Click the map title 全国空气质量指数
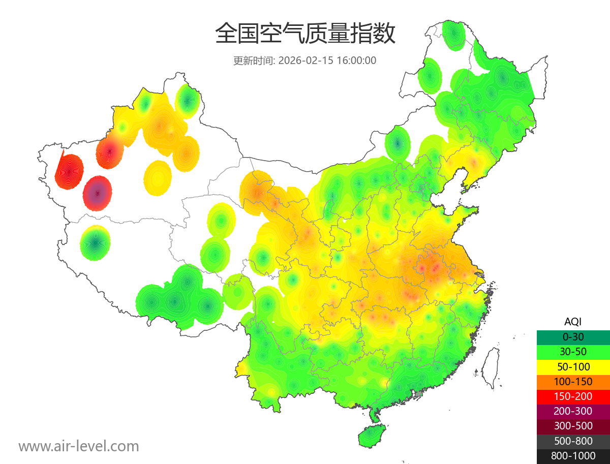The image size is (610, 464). coord(305,35)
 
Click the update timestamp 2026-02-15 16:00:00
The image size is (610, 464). coord(327,60)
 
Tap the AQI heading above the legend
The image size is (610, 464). coord(573,322)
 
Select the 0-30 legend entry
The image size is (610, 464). coord(573,337)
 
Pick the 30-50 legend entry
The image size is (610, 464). coord(573,352)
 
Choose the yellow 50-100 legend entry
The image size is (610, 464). coord(573,366)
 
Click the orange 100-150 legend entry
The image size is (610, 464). coord(573,382)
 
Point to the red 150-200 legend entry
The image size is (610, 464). coord(573,396)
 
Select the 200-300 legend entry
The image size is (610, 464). coord(573,411)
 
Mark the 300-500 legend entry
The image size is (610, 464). coord(573,426)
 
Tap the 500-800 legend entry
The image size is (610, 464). coord(573,441)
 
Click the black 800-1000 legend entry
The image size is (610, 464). coord(573,456)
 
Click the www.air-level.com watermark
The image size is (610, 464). coord(79,447)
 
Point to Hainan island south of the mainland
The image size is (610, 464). coord(372,437)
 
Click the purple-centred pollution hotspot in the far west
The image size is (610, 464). coord(98,193)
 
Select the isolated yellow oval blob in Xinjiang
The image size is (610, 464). coord(158,178)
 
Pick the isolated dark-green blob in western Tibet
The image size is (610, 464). coord(95,243)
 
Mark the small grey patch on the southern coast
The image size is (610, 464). coord(419,394)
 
